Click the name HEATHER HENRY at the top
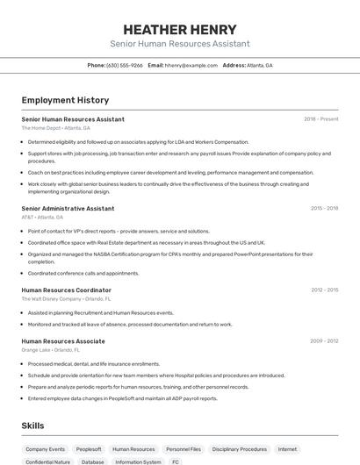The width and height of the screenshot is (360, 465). pyautogui.click(x=180, y=29)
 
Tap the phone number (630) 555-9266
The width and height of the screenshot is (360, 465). pyautogui.click(x=125, y=65)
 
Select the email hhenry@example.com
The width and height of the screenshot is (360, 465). pyautogui.click(x=191, y=65)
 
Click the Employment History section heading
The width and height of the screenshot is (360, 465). pyautogui.click(x=65, y=100)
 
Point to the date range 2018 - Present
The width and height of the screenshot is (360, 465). pyautogui.click(x=321, y=118)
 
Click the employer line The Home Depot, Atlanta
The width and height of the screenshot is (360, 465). pyautogui.click(x=55, y=127)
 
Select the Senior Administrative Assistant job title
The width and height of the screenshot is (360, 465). pyautogui.click(x=68, y=209)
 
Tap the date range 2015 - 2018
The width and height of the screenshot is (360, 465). pyautogui.click(x=325, y=209)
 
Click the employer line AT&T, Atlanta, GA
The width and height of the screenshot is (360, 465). pyautogui.click(x=42, y=217)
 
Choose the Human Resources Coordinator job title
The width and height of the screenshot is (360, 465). pyautogui.click(x=66, y=290)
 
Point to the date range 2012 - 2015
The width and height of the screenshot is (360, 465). pyautogui.click(x=325, y=290)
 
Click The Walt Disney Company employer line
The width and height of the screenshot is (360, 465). pyautogui.click(x=65, y=298)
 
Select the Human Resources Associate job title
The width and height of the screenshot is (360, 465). pyautogui.click(x=63, y=341)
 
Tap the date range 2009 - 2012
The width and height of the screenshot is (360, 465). pyautogui.click(x=325, y=341)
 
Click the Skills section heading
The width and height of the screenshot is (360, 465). pyautogui.click(x=33, y=426)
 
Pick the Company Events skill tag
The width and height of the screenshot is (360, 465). pyautogui.click(x=45, y=448)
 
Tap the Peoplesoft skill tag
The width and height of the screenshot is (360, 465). pyautogui.click(x=89, y=448)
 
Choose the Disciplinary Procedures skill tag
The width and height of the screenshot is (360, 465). pyautogui.click(x=239, y=448)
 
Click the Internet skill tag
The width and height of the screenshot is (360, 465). pyautogui.click(x=287, y=448)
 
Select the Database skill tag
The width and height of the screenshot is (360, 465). pyautogui.click(x=92, y=461)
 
